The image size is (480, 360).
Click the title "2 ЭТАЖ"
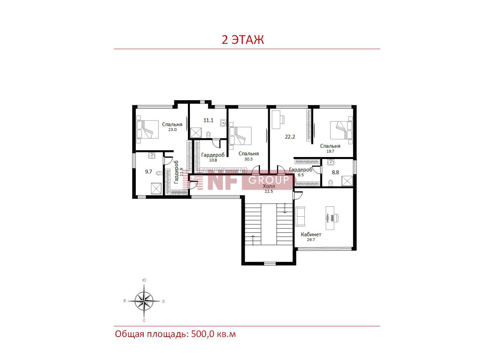click(243, 40)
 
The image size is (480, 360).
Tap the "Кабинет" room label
click(311, 235)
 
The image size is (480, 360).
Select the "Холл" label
click(269, 186)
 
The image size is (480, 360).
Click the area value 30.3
click(249, 159)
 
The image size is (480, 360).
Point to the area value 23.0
click(172, 130)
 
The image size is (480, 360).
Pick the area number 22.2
click(290, 137)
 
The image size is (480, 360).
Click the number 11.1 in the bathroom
click(208, 120)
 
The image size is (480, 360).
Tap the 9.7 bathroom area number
click(148, 171)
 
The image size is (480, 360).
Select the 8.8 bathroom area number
click(335, 172)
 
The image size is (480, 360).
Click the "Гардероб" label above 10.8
click(213, 155)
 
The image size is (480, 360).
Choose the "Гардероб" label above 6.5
click(301, 170)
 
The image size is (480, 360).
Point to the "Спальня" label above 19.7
click(330, 146)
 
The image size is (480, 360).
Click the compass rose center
click(144, 301)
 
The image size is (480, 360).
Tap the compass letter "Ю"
click(144, 280)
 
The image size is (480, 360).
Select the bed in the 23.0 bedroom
click(148, 129)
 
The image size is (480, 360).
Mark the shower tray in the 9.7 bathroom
click(156, 189)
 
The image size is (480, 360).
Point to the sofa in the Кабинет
click(300, 217)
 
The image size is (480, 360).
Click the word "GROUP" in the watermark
click(268, 180)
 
